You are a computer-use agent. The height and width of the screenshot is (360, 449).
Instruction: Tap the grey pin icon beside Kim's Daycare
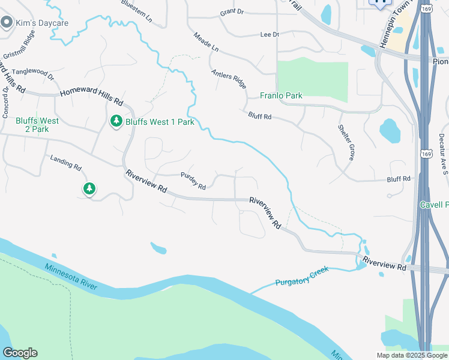pos(7,23)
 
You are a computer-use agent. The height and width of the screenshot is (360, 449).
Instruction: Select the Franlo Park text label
pos(281,95)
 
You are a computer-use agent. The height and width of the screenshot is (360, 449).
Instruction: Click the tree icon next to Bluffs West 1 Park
pos(116,122)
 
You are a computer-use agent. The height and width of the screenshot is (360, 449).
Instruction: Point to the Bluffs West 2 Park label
pos(37,125)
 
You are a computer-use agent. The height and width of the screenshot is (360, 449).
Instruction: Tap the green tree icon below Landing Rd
pos(89,190)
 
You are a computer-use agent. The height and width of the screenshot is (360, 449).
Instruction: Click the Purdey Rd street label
pos(193,181)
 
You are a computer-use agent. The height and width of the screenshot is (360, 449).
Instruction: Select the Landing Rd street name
pos(65,162)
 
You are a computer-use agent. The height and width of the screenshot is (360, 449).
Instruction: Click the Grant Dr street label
pos(232,11)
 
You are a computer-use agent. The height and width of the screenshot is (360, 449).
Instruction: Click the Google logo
pos(20,353)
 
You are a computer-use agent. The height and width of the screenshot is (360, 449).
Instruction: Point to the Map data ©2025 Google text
pos(412,355)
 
